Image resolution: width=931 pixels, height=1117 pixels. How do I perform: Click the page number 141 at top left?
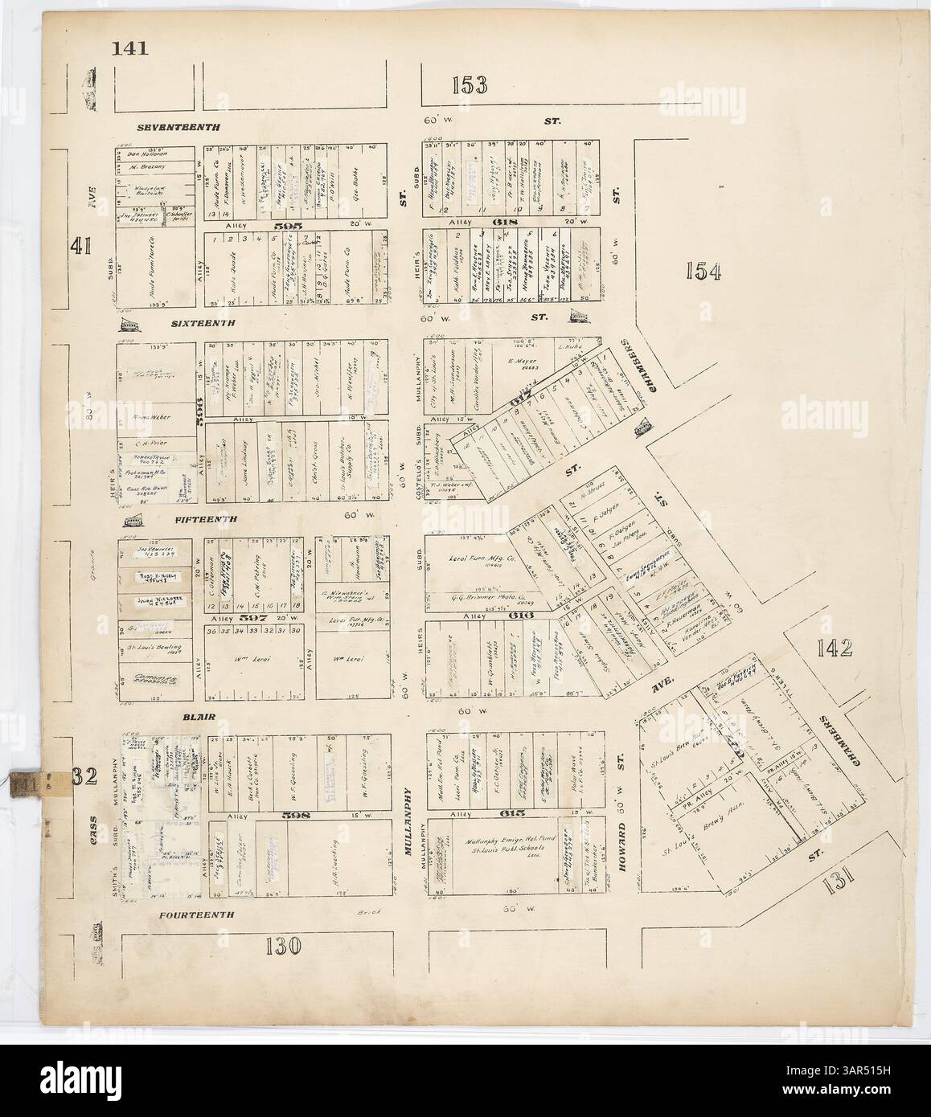(130, 48)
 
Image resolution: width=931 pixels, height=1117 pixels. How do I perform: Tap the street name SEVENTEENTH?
(178, 127)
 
